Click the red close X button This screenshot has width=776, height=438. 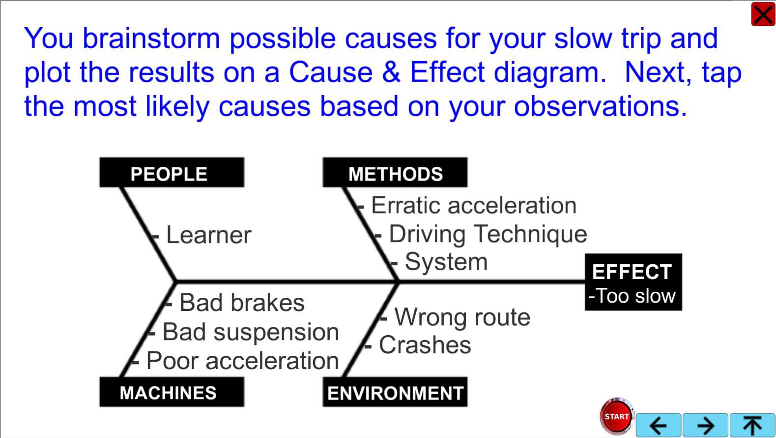(763, 14)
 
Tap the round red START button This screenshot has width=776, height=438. (617, 416)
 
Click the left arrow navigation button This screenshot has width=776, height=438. (658, 425)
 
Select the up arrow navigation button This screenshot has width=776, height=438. (752, 425)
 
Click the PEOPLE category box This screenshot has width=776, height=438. (172, 173)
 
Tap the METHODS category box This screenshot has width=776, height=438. (395, 173)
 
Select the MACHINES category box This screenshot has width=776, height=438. (172, 392)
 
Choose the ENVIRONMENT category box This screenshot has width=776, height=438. (395, 392)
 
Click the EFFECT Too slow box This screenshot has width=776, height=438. (633, 282)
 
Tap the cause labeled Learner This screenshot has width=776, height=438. (208, 235)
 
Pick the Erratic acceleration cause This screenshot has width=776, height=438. (473, 205)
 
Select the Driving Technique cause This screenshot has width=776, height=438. (488, 234)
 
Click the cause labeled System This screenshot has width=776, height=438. (446, 262)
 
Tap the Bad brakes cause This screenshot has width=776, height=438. (242, 303)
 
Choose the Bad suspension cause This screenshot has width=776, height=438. (251, 332)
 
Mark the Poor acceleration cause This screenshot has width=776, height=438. (242, 361)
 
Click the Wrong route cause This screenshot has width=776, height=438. (462, 317)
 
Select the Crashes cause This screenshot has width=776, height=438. (425, 345)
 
